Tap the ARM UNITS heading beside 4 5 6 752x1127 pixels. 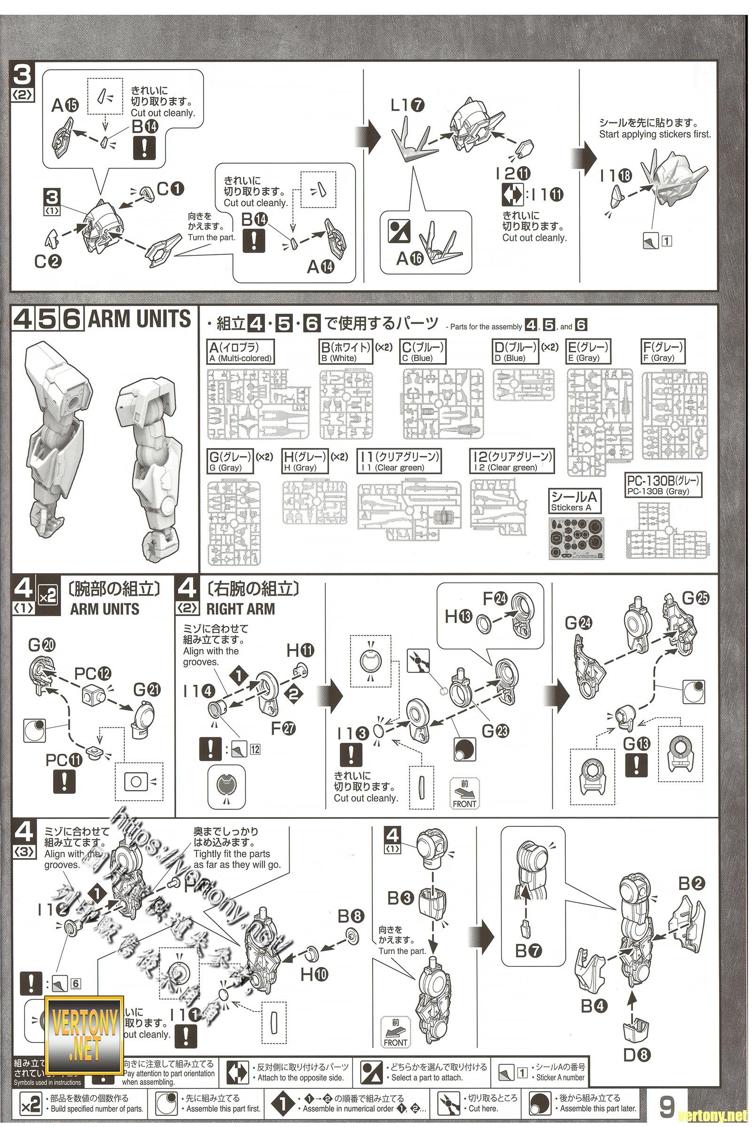point(140,320)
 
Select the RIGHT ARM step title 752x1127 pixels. point(240,609)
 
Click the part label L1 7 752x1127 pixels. point(407,105)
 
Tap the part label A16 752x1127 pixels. point(410,259)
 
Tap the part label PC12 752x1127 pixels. point(93,674)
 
